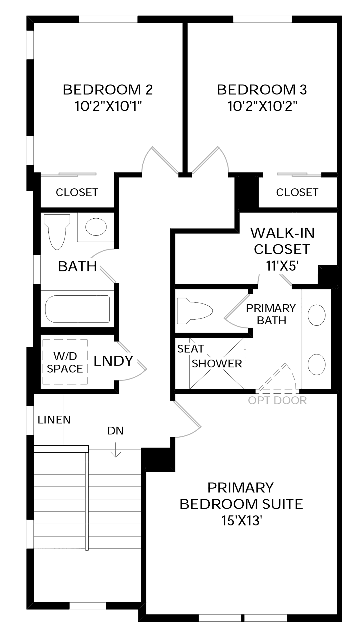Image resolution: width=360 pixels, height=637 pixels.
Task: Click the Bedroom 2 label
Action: pyautogui.click(x=108, y=90)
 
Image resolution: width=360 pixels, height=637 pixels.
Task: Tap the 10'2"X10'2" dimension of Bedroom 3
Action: pyautogui.click(x=262, y=106)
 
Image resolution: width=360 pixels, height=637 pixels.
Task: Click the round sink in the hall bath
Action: pyautogui.click(x=96, y=227)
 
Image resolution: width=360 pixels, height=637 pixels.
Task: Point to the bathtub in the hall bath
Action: pyautogui.click(x=78, y=309)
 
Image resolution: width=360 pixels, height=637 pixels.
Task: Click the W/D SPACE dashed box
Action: pyautogui.click(x=65, y=362)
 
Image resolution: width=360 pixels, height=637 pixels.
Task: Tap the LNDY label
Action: pyautogui.click(x=113, y=361)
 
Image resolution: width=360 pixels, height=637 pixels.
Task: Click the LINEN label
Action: pyautogui.click(x=54, y=420)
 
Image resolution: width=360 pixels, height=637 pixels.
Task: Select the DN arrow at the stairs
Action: pyautogui.click(x=115, y=449)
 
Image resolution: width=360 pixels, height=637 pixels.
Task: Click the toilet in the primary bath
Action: pyautogui.click(x=195, y=311)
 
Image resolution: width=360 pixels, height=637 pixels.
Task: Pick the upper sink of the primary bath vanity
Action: pyautogui.click(x=317, y=315)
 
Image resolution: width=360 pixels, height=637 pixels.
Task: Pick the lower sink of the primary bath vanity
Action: pyautogui.click(x=317, y=364)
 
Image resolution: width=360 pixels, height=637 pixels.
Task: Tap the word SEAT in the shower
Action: pyautogui.click(x=190, y=349)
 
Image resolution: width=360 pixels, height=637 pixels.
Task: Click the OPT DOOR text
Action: pyautogui.click(x=277, y=400)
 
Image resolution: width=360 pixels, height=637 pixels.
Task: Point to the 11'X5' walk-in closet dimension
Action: pyautogui.click(x=282, y=266)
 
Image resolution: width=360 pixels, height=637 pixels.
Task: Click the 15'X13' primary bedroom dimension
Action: pyautogui.click(x=241, y=520)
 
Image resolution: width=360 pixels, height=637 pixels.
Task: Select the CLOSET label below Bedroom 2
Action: pyautogui.click(x=77, y=192)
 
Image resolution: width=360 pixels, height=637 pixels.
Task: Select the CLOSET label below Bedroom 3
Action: pyautogui.click(x=297, y=192)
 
